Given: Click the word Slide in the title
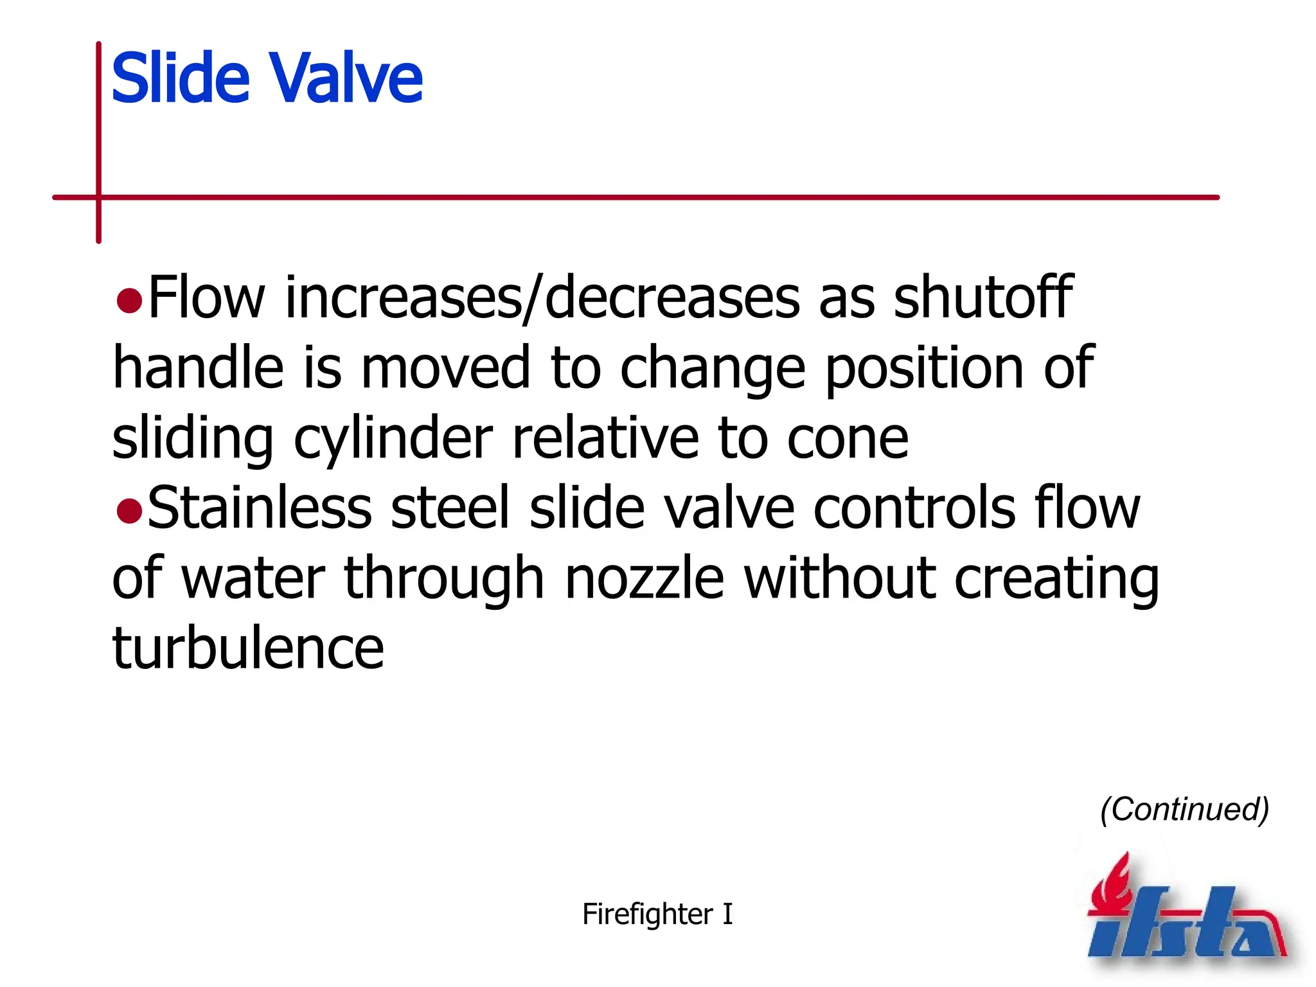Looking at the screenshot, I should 180,78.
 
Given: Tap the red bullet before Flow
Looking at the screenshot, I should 129,300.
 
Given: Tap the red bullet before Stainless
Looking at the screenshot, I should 129,510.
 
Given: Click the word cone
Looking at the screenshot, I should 848,439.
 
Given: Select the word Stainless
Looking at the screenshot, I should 260,508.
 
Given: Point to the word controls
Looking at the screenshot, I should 914,508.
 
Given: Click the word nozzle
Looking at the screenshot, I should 645,578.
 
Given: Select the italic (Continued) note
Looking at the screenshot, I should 1184,809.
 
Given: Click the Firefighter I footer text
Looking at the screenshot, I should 657,914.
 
